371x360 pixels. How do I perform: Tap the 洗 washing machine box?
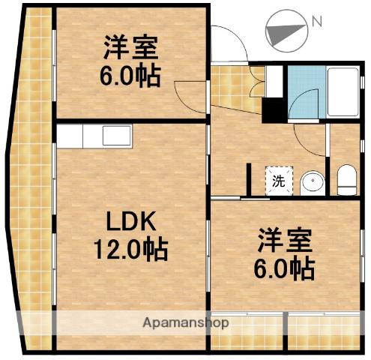(278, 180)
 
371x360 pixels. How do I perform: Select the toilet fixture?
(346, 178)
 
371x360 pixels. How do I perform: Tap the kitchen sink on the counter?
(116, 136)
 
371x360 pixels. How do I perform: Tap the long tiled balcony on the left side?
(34, 187)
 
